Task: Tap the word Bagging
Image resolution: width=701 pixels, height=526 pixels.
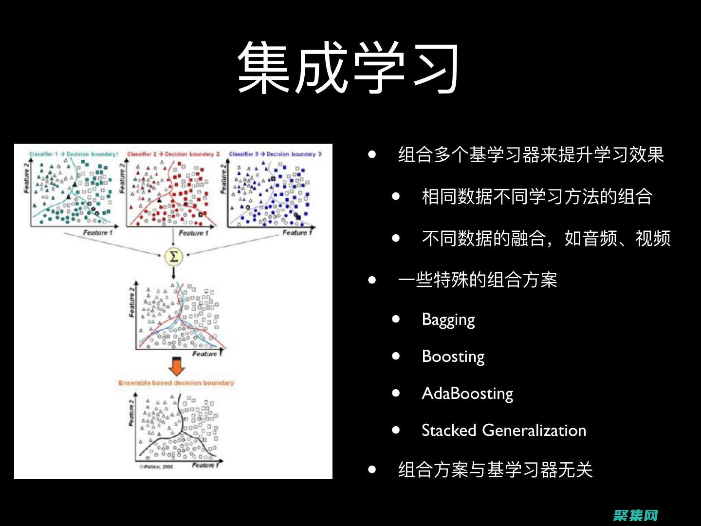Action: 448,319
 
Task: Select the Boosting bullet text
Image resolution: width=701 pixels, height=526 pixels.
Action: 453,357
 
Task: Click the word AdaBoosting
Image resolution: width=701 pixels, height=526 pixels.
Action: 467,393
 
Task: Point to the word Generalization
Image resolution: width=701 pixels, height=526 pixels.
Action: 534,430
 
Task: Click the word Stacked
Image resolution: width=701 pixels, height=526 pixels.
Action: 448,430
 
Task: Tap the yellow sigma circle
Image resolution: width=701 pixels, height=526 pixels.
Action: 174,256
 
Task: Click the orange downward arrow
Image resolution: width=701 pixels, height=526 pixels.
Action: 176,366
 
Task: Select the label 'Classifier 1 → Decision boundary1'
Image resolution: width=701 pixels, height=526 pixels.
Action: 74,154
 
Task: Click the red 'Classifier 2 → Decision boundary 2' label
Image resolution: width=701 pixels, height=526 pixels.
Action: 173,154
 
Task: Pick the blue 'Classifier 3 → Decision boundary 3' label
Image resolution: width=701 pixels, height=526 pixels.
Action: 275,154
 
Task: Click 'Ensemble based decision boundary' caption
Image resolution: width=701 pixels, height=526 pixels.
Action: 176,383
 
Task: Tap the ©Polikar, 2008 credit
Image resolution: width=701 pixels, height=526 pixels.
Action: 156,467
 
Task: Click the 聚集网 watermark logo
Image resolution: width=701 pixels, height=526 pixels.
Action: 635,515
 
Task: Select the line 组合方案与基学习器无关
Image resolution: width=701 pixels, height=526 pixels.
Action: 495,470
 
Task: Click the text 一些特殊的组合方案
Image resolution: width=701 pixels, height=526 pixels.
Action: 477,280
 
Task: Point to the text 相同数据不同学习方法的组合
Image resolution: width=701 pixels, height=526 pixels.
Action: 537,197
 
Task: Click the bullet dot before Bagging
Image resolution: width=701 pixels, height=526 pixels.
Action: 396,319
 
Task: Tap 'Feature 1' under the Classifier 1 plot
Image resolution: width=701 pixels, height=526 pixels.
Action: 97,233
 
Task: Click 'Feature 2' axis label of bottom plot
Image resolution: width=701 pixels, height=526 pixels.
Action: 131,413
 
